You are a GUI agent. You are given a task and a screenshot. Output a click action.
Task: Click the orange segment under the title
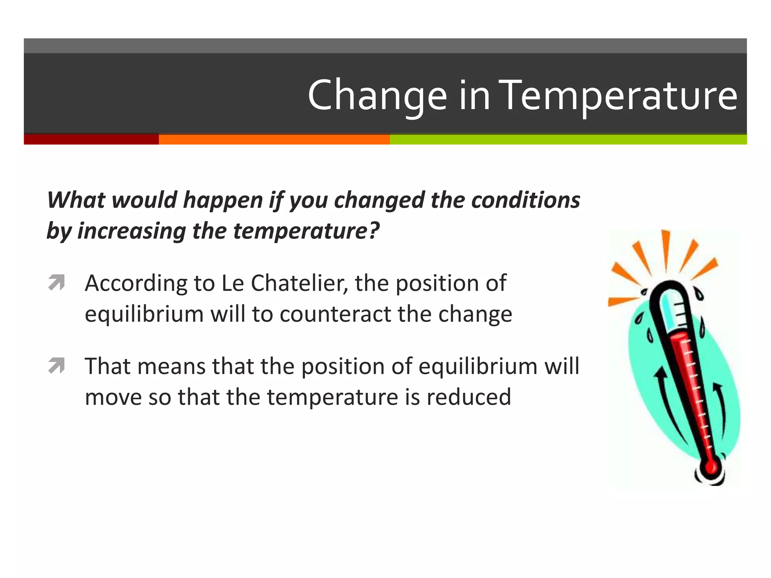(274, 139)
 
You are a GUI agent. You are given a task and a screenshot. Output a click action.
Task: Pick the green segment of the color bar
(568, 139)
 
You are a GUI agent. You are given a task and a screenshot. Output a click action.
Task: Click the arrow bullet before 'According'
(56, 283)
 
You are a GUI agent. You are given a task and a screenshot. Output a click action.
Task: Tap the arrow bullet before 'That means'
(56, 366)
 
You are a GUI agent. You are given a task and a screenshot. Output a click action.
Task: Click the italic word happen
(222, 200)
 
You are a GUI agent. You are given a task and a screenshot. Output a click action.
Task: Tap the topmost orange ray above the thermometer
(666, 248)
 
